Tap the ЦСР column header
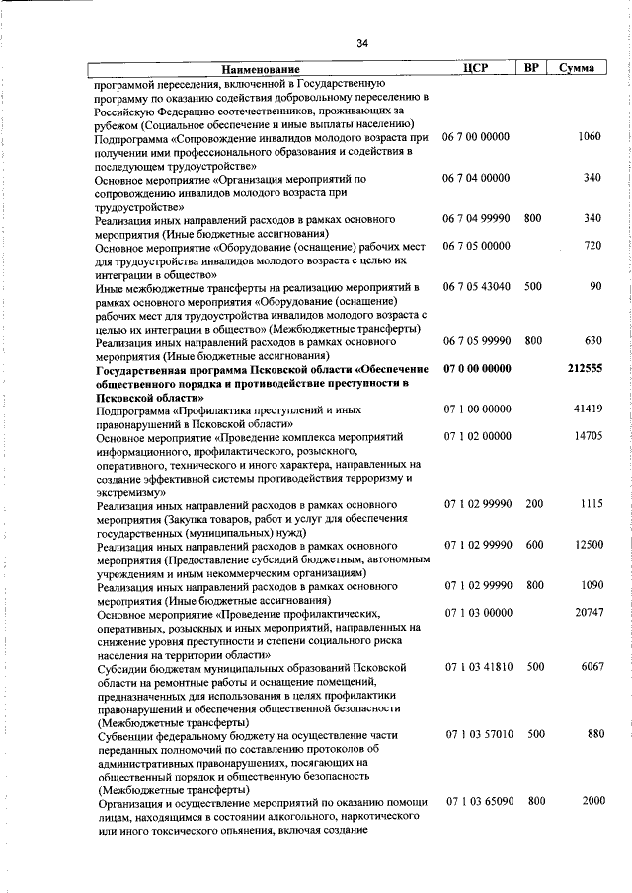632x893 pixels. coord(476,68)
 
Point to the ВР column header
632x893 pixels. coord(531,68)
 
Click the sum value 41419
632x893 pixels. coord(587,409)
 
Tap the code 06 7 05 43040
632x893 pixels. coord(477,286)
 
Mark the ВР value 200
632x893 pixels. coord(533,503)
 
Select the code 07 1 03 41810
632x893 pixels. coord(477,667)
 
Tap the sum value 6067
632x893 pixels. coord(590,667)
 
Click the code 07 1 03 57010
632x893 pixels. coord(477,734)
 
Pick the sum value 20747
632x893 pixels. coord(587,613)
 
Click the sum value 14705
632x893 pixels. coord(587,435)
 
